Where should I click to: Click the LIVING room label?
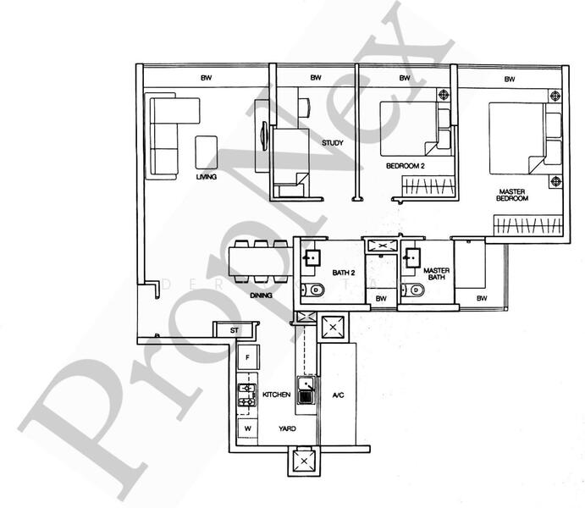coord(207,177)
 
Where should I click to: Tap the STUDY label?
coord(333,143)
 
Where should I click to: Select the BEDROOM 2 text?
coord(405,166)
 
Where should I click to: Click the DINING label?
coord(262,295)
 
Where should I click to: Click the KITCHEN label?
coord(277,395)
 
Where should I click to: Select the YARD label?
coord(287,429)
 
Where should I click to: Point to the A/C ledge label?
coord(338,395)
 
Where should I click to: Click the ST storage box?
coord(235,330)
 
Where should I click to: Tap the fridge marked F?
coord(247,359)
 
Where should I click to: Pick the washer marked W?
coord(247,428)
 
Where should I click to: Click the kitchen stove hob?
coord(247,394)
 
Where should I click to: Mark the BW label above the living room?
coord(206,78)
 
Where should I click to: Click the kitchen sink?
coord(306,391)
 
